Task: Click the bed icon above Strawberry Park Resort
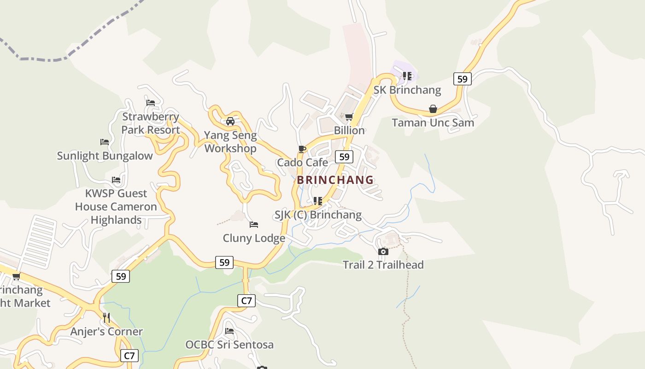click(x=151, y=102)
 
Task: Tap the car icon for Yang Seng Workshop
click(x=230, y=121)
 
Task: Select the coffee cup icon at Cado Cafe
click(x=302, y=149)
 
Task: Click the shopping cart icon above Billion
click(x=349, y=117)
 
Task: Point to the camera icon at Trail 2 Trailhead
click(x=383, y=251)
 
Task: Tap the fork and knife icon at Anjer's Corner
click(x=106, y=318)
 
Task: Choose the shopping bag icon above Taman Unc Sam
click(x=433, y=109)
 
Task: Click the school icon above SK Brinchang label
click(x=407, y=76)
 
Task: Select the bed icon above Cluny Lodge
click(x=254, y=225)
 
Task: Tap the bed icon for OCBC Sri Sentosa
click(x=229, y=331)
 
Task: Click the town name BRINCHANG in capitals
click(x=335, y=180)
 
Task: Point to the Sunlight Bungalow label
click(x=105, y=156)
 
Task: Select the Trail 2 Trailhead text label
click(x=383, y=265)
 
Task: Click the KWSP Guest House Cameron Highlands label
click(x=116, y=207)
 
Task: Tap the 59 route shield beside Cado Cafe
click(x=344, y=157)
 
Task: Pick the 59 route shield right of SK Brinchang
click(x=462, y=79)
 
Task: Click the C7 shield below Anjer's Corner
click(x=129, y=356)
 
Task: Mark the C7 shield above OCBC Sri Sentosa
click(x=246, y=301)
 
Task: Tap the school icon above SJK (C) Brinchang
click(x=317, y=201)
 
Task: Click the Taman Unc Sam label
click(x=433, y=123)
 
